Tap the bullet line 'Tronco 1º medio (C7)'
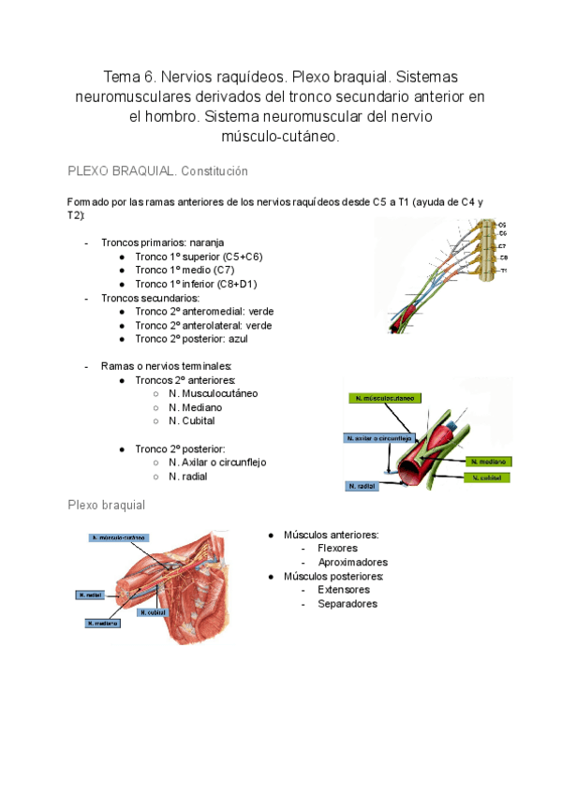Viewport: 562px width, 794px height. [185, 270]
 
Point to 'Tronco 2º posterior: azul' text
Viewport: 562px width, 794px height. [191, 338]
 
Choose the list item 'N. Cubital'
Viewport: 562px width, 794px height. [192, 420]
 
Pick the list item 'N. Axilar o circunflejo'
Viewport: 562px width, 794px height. [217, 462]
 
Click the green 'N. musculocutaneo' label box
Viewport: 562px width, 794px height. [384, 398]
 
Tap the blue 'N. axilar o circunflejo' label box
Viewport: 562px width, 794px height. [377, 437]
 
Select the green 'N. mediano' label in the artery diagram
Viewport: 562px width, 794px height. [488, 462]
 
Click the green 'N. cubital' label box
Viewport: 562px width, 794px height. [487, 478]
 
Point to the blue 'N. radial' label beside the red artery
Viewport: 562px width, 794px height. [362, 487]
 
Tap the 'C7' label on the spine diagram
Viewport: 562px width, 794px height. [503, 245]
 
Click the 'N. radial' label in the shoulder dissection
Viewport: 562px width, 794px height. [91, 595]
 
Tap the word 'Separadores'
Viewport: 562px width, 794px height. [347, 604]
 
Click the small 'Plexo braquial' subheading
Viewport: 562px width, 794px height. [106, 505]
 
